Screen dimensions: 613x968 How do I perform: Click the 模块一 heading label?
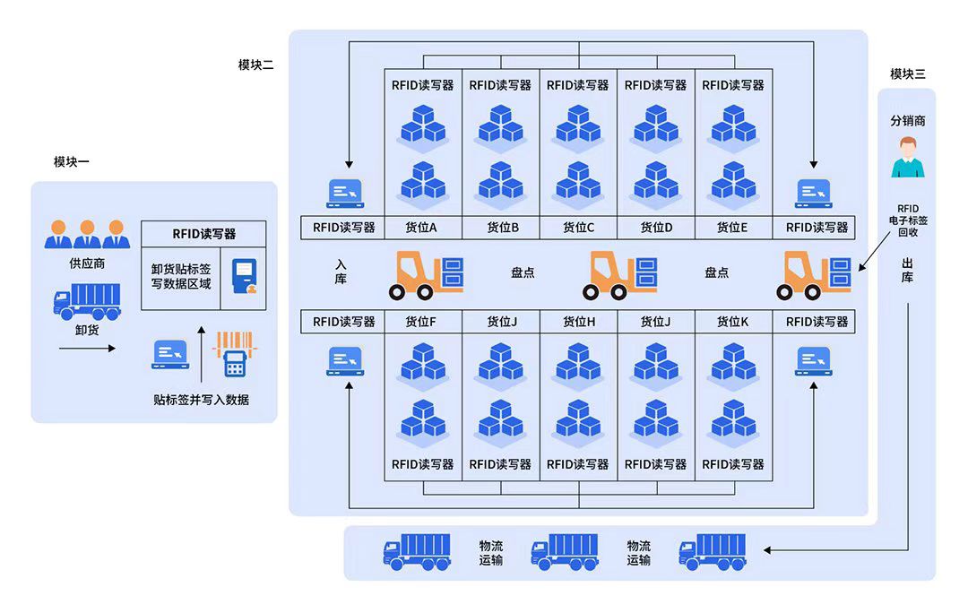(x=72, y=162)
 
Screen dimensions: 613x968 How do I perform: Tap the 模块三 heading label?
(x=907, y=74)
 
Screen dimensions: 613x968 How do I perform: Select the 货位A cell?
(x=422, y=228)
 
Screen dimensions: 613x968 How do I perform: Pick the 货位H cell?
(x=578, y=322)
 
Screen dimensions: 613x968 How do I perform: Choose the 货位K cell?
(x=732, y=322)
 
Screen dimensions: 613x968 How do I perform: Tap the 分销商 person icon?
(x=907, y=157)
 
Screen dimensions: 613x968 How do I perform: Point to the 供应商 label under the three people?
(x=87, y=263)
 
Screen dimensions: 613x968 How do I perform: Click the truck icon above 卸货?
(x=87, y=301)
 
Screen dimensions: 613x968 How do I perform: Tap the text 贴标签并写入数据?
(x=201, y=400)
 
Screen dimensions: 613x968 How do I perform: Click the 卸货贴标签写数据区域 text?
(x=181, y=276)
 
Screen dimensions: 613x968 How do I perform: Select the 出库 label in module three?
(x=907, y=271)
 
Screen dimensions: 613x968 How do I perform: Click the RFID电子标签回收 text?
(x=907, y=220)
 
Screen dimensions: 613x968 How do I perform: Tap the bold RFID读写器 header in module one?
(x=204, y=234)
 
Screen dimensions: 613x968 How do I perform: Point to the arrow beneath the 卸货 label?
(x=87, y=348)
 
